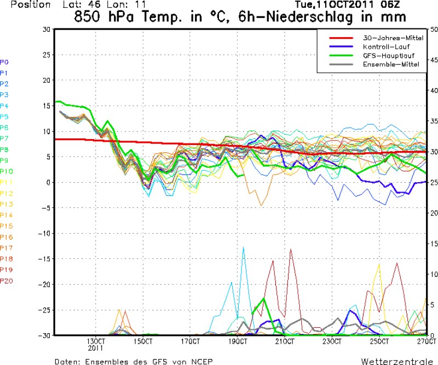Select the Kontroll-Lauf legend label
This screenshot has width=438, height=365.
click(x=383, y=47)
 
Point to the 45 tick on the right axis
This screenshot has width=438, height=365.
click(x=430, y=60)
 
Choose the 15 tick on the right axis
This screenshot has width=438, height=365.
click(x=430, y=243)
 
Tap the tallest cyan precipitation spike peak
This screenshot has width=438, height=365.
click(x=243, y=247)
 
